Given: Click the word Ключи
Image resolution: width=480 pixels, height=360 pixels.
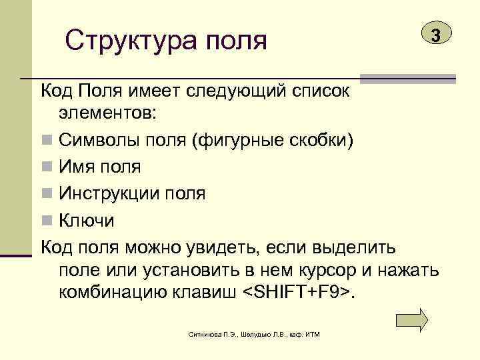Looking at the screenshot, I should tap(87, 220).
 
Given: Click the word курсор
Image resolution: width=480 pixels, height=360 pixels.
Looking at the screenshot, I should tap(331, 271).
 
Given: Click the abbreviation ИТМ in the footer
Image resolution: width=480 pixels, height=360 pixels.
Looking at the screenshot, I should tap(311, 333).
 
